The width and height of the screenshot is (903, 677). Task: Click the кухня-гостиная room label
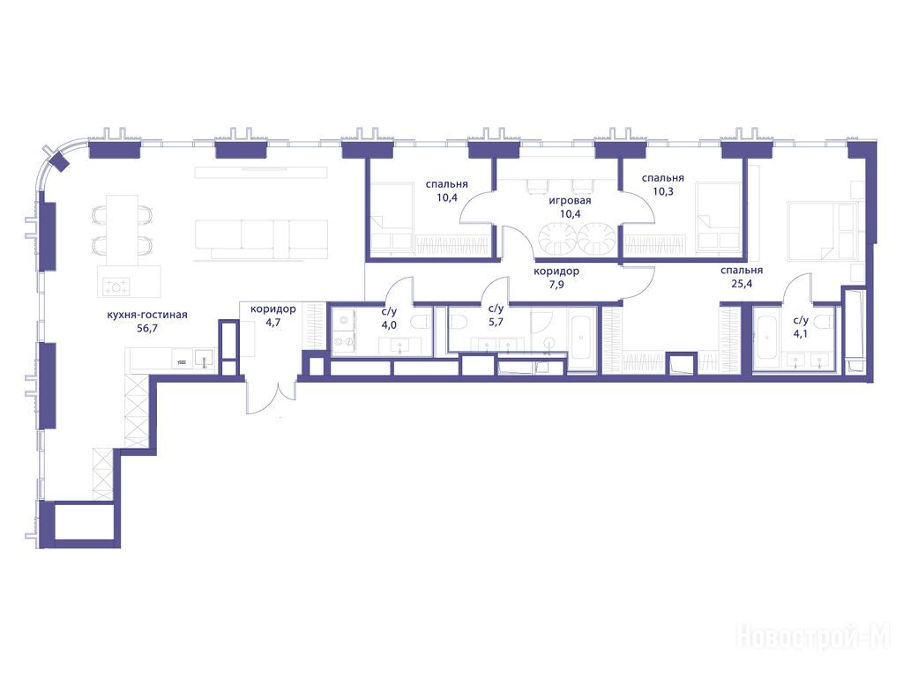[147, 315]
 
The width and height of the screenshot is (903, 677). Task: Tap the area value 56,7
[144, 329]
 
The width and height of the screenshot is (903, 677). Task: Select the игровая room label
[570, 200]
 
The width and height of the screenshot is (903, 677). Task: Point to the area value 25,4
[741, 283]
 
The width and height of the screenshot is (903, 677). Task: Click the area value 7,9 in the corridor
[556, 284]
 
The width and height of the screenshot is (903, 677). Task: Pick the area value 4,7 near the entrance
[273, 322]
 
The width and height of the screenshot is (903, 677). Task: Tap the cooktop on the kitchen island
[116, 286]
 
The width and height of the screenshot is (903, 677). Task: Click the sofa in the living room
[261, 239]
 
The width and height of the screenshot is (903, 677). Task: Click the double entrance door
[271, 396]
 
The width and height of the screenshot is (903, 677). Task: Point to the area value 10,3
[663, 191]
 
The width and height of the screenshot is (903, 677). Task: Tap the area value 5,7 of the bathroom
[496, 322]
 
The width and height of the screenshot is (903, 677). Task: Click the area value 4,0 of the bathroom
[389, 325]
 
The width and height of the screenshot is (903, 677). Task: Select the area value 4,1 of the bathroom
[801, 332]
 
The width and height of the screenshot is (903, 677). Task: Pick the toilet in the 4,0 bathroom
[421, 323]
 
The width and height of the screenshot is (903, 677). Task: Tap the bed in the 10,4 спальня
[391, 218]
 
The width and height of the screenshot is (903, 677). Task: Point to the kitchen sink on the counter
[204, 358]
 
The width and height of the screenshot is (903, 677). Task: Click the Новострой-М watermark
[813, 636]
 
